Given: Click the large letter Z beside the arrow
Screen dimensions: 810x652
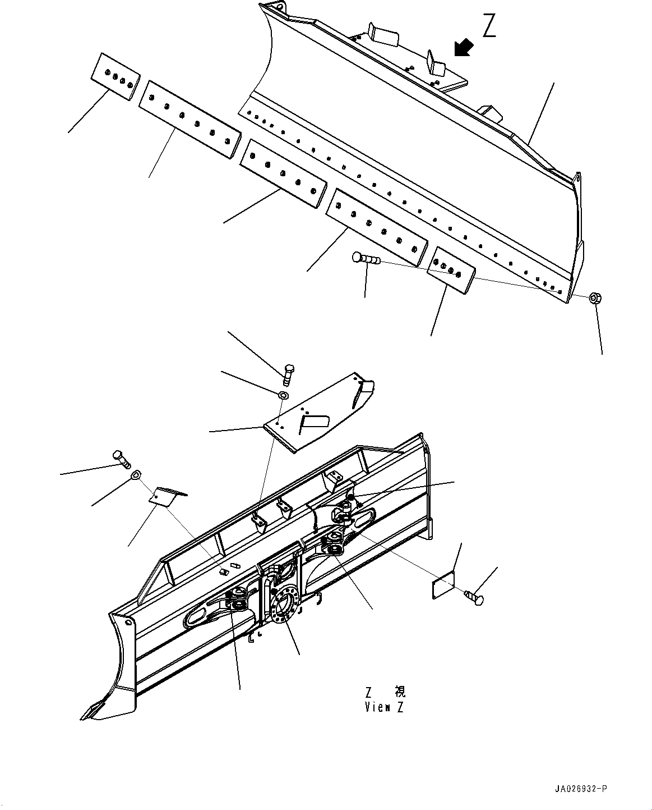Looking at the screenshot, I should coord(489,26).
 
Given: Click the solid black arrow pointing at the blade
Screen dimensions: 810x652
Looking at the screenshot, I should coord(463,48).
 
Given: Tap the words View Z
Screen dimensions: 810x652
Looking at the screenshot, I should coord(384,707).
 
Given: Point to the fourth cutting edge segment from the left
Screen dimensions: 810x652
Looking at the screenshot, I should coord(377,226).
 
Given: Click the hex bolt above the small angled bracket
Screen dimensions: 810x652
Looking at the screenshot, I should coord(122,459).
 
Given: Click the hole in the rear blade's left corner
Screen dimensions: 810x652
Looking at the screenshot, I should coord(128,623).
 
